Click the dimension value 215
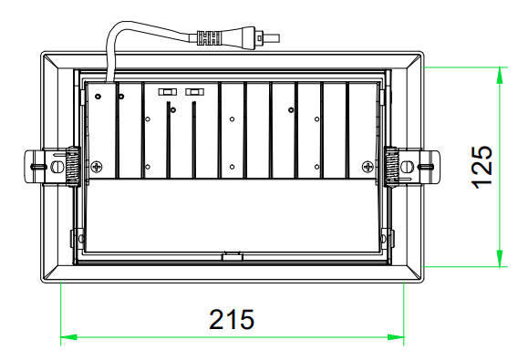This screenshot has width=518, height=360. [x=232, y=319]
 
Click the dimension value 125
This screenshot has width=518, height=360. [x=482, y=167]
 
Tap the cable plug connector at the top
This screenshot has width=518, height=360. [x=234, y=37]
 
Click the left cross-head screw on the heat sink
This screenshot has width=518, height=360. [x=97, y=167]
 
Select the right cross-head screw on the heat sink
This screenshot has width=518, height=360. [x=368, y=167]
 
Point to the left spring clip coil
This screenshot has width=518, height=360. [x=72, y=166]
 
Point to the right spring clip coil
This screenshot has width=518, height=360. [x=392, y=166]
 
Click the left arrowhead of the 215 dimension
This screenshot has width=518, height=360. [x=68, y=337]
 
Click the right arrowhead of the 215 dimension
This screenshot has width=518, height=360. [x=396, y=337]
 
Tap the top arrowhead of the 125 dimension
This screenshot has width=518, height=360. [x=500, y=76]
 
